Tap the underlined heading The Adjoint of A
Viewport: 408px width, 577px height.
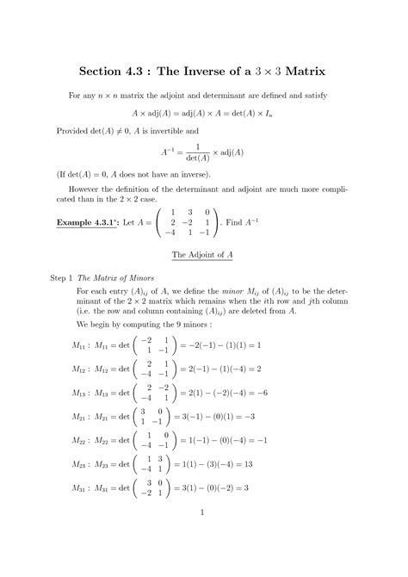pos(203,256)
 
